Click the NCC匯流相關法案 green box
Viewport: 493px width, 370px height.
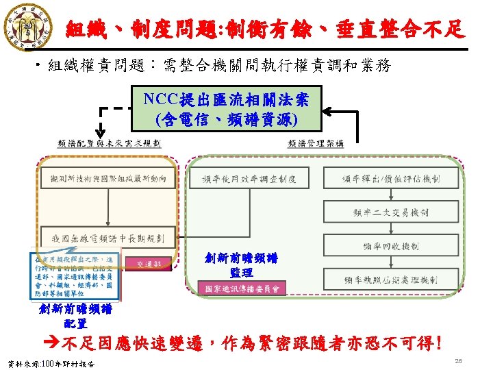pyautogui.click(x=227, y=110)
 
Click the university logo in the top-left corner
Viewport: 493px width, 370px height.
pyautogui.click(x=25, y=26)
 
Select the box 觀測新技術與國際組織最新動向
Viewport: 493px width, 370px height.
pyautogui.click(x=108, y=180)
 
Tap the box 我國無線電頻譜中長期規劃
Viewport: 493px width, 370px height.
pyautogui.click(x=108, y=238)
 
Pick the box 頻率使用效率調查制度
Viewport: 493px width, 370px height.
pyautogui.click(x=249, y=180)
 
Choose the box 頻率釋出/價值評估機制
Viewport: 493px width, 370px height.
pyautogui.click(x=401, y=180)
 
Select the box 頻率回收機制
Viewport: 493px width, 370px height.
pyautogui.click(x=401, y=246)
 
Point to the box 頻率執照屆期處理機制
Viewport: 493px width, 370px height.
pyautogui.click(x=401, y=279)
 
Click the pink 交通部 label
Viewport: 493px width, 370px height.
pyautogui.click(x=149, y=262)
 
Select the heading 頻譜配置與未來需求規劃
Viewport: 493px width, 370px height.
pyautogui.click(x=109, y=144)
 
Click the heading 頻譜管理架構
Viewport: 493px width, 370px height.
pyautogui.click(x=316, y=144)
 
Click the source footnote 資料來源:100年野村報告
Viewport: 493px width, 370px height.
pyautogui.click(x=50, y=362)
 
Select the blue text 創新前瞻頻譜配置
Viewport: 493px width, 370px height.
pyautogui.click(x=75, y=316)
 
